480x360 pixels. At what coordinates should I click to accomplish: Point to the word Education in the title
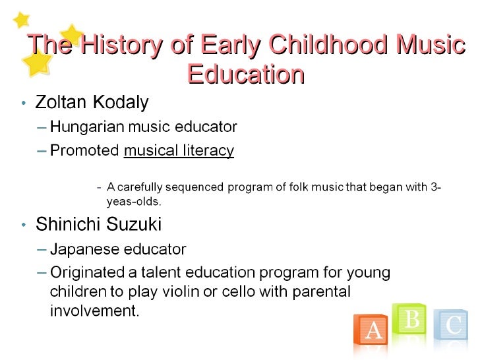[x=245, y=74]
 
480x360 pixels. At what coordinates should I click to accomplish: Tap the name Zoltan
[x=60, y=103]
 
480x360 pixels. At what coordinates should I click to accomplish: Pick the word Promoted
[x=84, y=151]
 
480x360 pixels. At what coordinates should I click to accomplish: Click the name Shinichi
[x=67, y=224]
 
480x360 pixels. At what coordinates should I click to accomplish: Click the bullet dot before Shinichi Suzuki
[x=24, y=225]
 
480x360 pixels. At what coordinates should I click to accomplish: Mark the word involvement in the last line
[x=94, y=310]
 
